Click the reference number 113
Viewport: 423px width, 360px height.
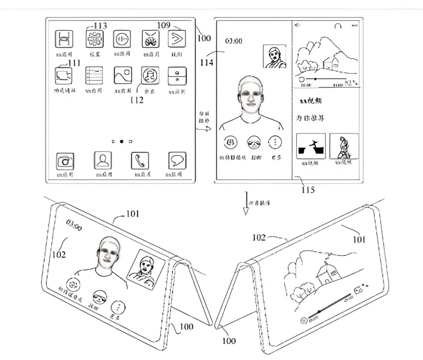pos(100,26)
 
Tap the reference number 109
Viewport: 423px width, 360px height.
pos(164,25)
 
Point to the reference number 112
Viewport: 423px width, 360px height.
pos(136,100)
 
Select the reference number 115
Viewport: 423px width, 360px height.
pos(308,190)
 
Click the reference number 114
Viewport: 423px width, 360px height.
pos(207,63)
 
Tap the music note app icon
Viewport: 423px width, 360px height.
pos(150,75)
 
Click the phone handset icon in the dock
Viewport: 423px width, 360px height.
pos(140,161)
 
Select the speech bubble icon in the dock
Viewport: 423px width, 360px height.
pos(177,161)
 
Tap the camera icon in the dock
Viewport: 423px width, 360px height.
pos(65,161)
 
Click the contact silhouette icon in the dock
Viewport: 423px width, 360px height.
pos(103,161)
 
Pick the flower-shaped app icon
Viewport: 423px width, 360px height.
pos(94,39)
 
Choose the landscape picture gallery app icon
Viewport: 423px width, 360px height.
pos(123,75)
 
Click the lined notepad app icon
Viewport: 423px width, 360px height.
pos(94,75)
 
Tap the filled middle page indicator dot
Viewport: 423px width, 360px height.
pos(122,142)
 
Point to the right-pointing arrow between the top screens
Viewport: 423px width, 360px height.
pos(204,129)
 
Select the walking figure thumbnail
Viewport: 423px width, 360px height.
pos(344,146)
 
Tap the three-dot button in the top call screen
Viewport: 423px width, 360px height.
pos(275,142)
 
